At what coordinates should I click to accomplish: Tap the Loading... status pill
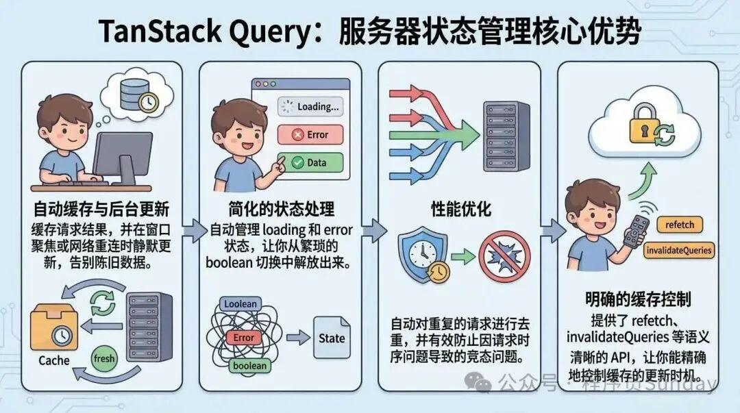pos(310,107)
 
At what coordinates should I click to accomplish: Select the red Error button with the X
pos(310,135)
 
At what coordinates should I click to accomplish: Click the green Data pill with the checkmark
pos(310,163)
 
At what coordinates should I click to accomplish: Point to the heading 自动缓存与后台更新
pos(101,208)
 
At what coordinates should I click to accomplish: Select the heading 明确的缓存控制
pos(637,299)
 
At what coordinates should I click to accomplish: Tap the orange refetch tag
pos(680,225)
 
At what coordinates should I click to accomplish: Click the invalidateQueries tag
pos(679,250)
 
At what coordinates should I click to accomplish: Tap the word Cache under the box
pos(54,360)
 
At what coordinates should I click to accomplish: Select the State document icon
pos(332,338)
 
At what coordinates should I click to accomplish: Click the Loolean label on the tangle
pos(240,304)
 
